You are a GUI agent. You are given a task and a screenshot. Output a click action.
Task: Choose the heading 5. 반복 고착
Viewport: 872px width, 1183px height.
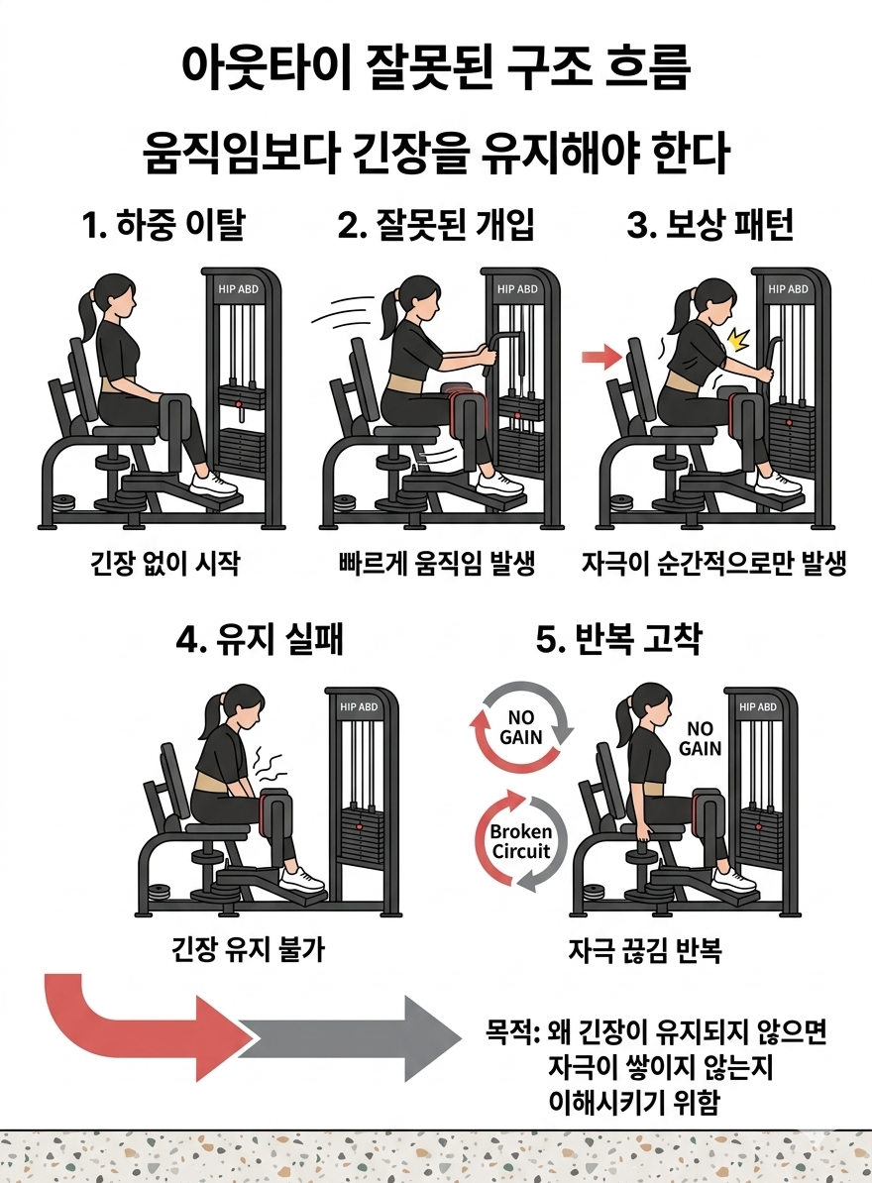point(618,639)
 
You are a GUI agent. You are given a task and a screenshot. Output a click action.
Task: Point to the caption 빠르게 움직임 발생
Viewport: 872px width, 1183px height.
point(437,565)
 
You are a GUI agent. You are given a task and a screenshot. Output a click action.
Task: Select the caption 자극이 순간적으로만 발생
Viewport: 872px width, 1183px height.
point(713,565)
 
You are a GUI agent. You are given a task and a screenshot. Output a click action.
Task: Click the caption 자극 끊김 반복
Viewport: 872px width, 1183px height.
point(645,952)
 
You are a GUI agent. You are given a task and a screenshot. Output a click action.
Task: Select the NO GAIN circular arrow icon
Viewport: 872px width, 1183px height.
point(520,727)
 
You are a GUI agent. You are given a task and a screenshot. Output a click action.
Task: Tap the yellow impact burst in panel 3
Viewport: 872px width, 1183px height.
point(736,342)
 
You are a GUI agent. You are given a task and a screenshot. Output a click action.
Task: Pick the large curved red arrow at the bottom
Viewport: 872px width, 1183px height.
point(139,1025)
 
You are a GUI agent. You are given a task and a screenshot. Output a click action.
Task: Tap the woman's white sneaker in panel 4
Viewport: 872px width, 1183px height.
point(301,879)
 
